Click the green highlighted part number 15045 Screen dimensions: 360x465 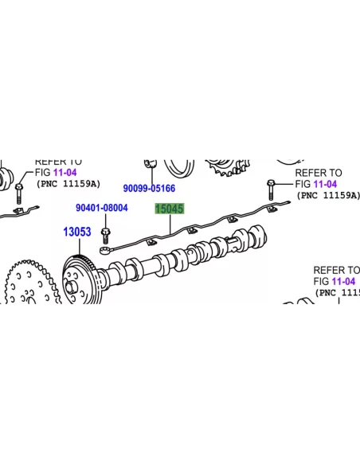click(170, 209)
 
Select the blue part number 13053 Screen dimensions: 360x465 click(77, 232)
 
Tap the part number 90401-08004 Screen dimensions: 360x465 click(102, 208)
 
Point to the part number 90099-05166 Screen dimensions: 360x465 click(149, 188)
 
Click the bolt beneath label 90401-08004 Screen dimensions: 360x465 click(105, 236)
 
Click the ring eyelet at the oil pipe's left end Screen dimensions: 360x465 click(105, 251)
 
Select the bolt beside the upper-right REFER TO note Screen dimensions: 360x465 click(271, 190)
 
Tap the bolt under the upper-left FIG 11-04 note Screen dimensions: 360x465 click(18, 193)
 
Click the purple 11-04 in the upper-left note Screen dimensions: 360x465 click(65, 172)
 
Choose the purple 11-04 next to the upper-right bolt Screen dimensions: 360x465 click(325, 184)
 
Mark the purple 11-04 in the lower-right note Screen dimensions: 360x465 click(343, 281)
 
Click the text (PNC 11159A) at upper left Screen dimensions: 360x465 click(68, 184)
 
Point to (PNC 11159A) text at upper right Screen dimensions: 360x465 click(328, 195)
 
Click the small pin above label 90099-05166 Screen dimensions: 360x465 click(151, 163)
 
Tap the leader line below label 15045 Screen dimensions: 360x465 click(170, 225)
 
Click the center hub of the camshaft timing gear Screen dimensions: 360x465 click(71, 288)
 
